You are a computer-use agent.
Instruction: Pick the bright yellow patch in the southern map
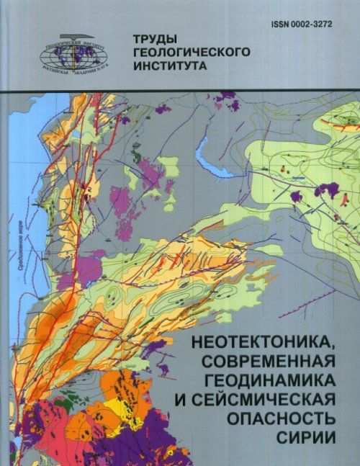pos(112,416)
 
